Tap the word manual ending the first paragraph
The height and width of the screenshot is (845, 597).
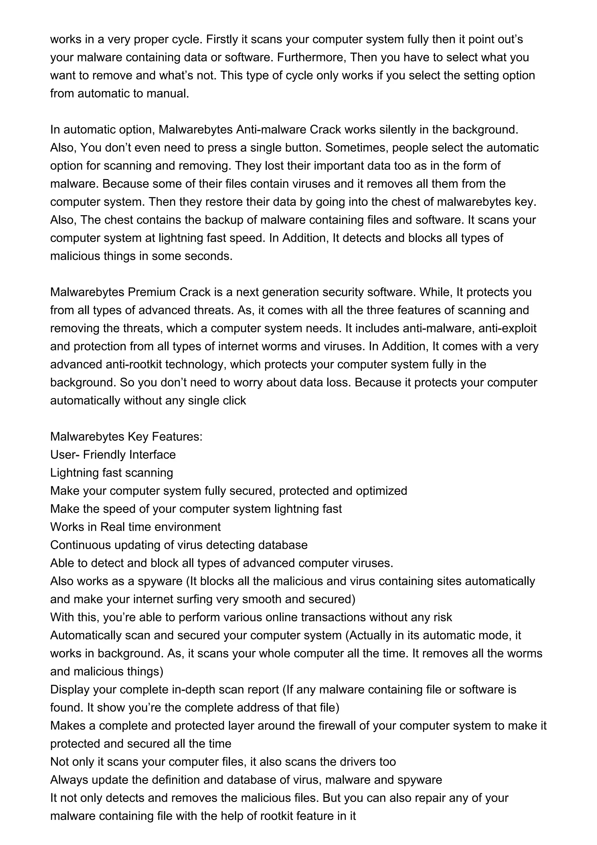point(168,94)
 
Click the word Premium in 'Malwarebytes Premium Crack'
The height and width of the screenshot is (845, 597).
point(152,292)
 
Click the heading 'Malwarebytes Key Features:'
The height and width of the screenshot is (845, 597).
point(126,436)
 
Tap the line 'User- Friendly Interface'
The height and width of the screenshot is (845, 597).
point(113,455)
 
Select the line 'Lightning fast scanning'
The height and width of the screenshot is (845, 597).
point(111,473)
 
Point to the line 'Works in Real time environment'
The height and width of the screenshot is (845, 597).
point(135,527)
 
